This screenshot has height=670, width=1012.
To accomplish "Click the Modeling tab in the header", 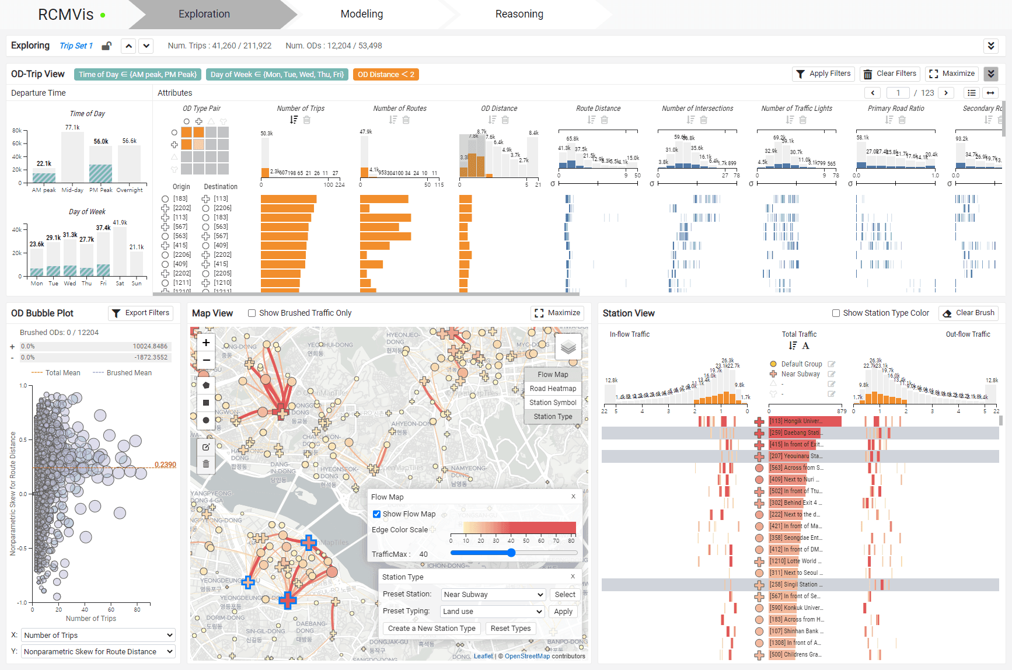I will (362, 14).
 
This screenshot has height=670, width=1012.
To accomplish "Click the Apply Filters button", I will (823, 74).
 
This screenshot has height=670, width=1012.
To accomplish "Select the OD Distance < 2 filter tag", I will (386, 75).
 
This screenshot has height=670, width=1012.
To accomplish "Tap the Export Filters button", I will (141, 313).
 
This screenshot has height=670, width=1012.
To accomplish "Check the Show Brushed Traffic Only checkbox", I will (252, 313).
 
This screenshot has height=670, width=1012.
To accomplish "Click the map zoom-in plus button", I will (206, 343).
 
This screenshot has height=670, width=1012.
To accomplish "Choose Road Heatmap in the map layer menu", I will (552, 389).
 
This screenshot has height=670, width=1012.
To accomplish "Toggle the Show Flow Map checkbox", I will (377, 514).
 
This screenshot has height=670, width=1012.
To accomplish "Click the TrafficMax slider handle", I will (511, 553).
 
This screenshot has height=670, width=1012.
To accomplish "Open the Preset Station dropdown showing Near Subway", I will (493, 594).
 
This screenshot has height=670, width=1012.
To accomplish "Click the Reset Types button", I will (510, 629).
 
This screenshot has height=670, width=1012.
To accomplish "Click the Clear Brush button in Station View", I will (968, 313).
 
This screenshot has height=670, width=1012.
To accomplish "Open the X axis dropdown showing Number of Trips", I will (98, 635).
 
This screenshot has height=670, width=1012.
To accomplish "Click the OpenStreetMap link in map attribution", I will (527, 656).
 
